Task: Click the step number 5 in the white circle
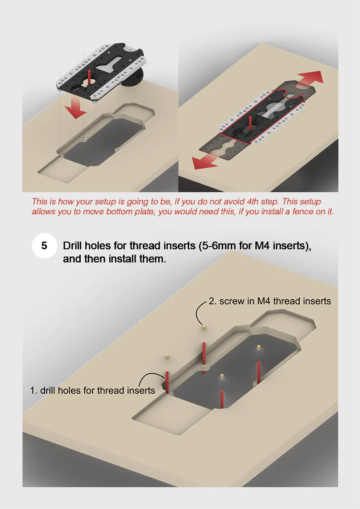click(x=44, y=246)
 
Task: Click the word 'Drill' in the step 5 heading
click(x=73, y=246)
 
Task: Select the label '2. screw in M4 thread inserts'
click(x=270, y=301)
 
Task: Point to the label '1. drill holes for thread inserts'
click(x=92, y=390)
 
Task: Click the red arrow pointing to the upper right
click(x=310, y=79)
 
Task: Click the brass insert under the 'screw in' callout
click(x=204, y=327)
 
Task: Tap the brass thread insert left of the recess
click(x=166, y=357)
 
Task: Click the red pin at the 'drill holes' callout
click(x=167, y=383)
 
